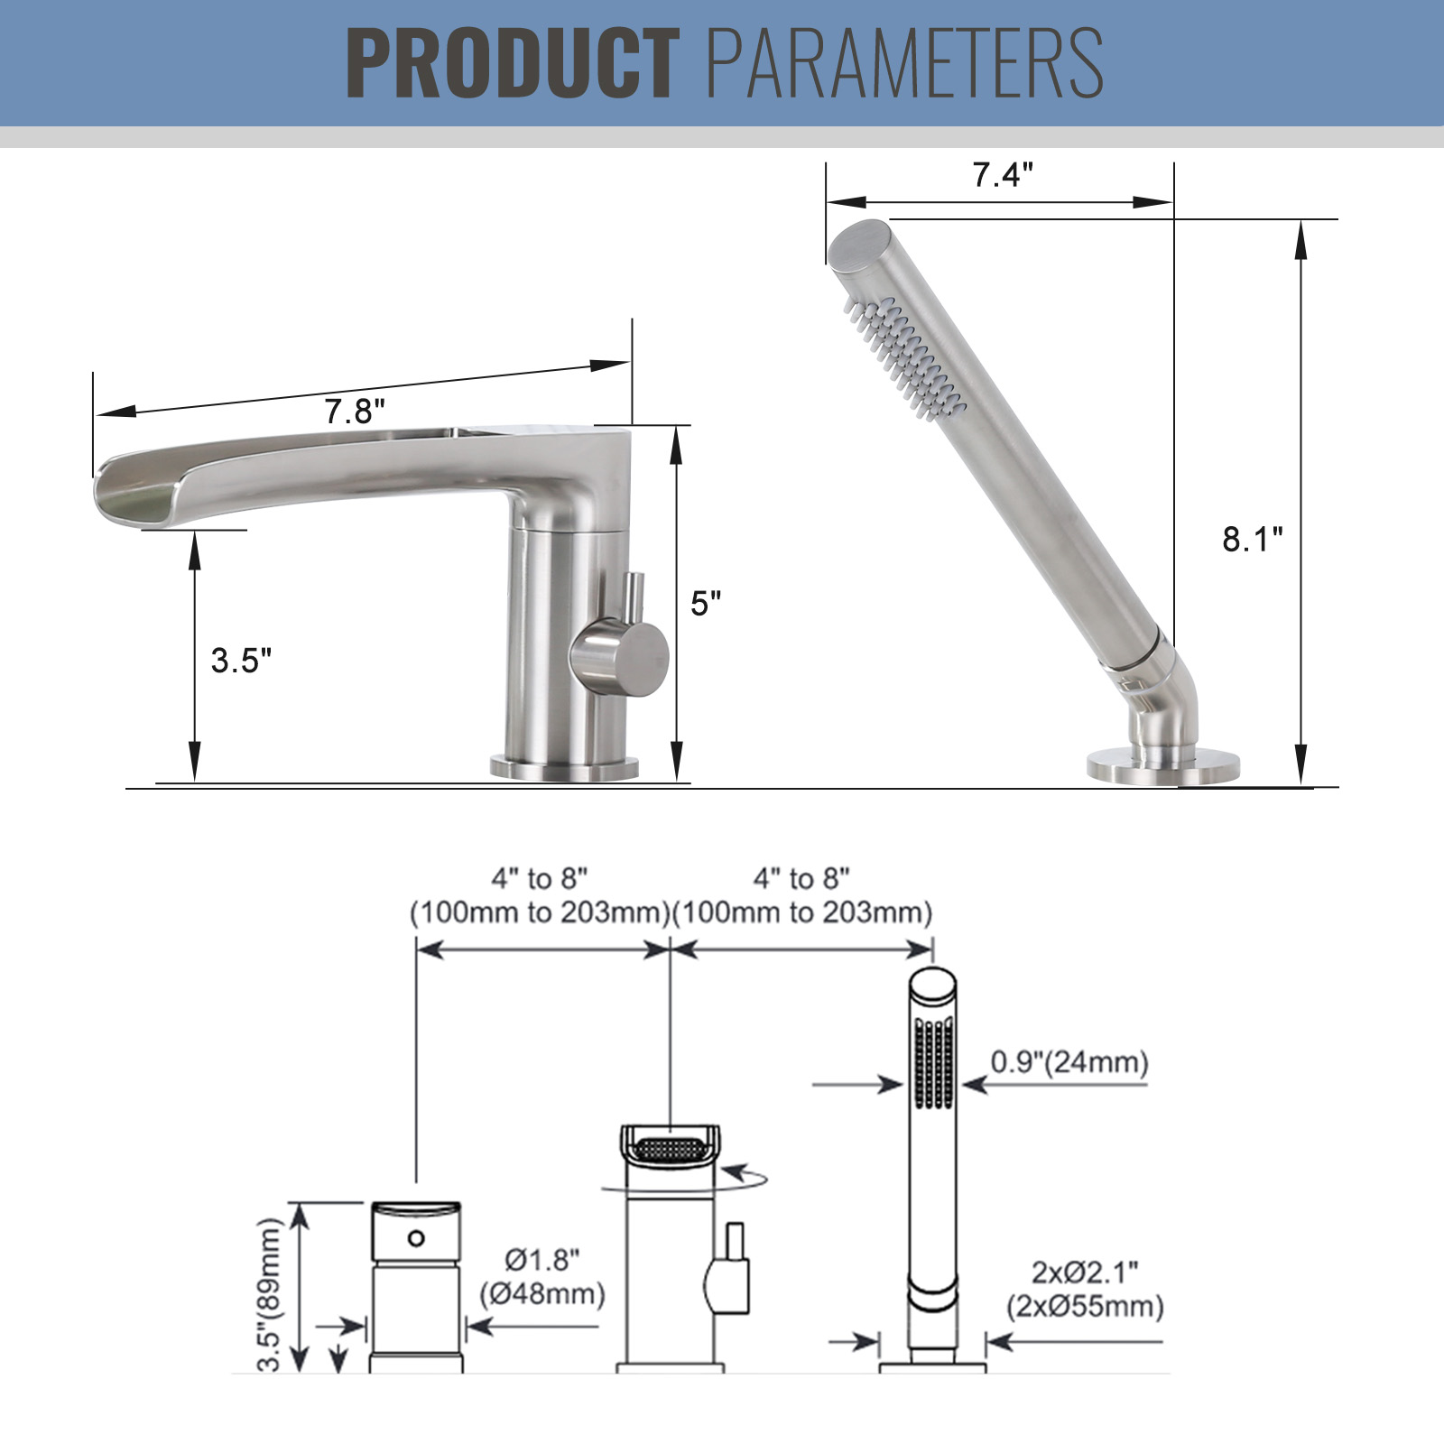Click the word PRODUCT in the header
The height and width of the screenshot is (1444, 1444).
tap(513, 62)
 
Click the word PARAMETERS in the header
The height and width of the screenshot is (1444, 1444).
tap(905, 62)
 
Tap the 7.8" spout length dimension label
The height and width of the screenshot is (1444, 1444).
tap(355, 412)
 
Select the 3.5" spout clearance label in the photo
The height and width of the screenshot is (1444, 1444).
tap(241, 661)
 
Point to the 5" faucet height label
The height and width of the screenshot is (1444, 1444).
tap(706, 603)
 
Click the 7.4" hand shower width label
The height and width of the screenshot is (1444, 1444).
tap(1003, 174)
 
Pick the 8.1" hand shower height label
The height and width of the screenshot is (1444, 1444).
tap(1253, 539)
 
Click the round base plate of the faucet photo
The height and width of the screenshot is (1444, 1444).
tap(564, 768)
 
